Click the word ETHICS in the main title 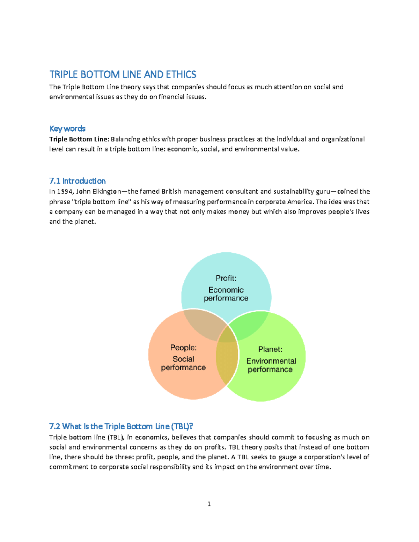coord(181,74)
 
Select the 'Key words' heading coord(67,128)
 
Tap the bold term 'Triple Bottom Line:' coord(79,139)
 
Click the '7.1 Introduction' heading coord(77,181)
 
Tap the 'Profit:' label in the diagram coord(226,278)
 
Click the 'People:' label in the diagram coord(183,348)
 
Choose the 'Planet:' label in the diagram coord(270,349)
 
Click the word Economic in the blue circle coord(226,290)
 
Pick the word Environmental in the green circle coord(271,361)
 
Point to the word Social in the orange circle coord(183,359)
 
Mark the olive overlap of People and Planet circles coord(226,359)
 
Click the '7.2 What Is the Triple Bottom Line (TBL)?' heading coord(121,426)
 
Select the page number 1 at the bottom coord(209,504)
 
